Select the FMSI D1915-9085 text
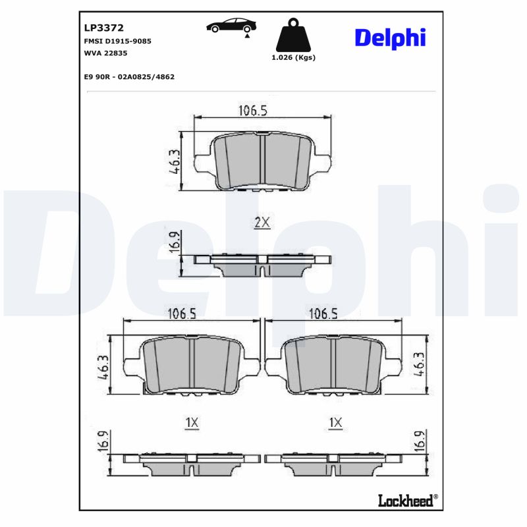pyautogui.click(x=118, y=41)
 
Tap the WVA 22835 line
pyautogui.click(x=106, y=53)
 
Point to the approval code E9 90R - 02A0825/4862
pyautogui.click(x=129, y=76)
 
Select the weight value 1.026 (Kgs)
pyautogui.click(x=293, y=57)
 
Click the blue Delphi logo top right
pyautogui.click(x=390, y=38)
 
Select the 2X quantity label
pyautogui.click(x=262, y=223)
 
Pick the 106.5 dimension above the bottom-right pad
pyautogui.click(x=323, y=314)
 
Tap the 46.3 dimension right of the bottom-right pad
pyautogui.click(x=420, y=364)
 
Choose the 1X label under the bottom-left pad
pyautogui.click(x=191, y=422)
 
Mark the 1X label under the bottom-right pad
pyautogui.click(x=335, y=422)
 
